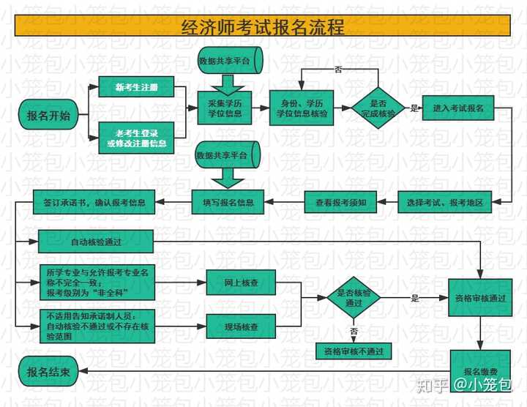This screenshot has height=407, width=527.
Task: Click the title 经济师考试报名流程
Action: click(x=263, y=27)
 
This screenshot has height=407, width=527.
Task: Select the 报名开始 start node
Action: click(x=49, y=116)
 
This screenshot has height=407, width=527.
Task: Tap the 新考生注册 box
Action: click(x=137, y=87)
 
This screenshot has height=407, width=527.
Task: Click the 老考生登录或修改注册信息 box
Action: click(x=137, y=138)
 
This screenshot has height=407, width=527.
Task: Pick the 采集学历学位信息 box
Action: click(x=225, y=108)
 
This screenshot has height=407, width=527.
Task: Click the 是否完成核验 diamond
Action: click(x=378, y=108)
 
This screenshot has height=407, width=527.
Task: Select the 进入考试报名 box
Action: click(x=459, y=108)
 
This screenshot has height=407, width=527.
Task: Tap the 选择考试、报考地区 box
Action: click(x=445, y=201)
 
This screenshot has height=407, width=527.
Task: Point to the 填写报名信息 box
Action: click(x=228, y=201)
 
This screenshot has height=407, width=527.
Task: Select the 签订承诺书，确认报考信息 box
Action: click(x=89, y=201)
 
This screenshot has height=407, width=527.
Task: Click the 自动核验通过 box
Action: click(x=96, y=241)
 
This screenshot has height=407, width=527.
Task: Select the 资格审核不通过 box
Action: click(x=354, y=351)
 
